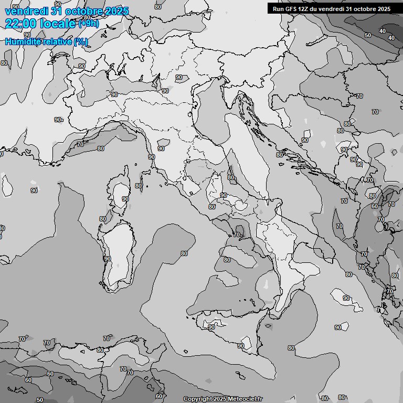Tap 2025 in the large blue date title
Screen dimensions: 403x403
[x=114, y=11]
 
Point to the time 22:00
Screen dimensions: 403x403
[x=20, y=23]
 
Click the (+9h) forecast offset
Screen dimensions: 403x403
[x=89, y=24]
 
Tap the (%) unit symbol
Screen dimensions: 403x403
[x=80, y=41]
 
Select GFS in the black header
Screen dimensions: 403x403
[x=291, y=8]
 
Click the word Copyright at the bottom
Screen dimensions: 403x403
[x=197, y=399]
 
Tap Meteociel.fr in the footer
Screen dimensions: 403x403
[x=245, y=399]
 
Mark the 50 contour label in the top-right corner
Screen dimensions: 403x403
[x=368, y=35]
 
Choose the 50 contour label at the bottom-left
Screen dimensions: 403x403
[x=40, y=399]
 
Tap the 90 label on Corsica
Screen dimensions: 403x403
[x=125, y=199]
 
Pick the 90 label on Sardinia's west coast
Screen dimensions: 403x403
[x=108, y=258]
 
